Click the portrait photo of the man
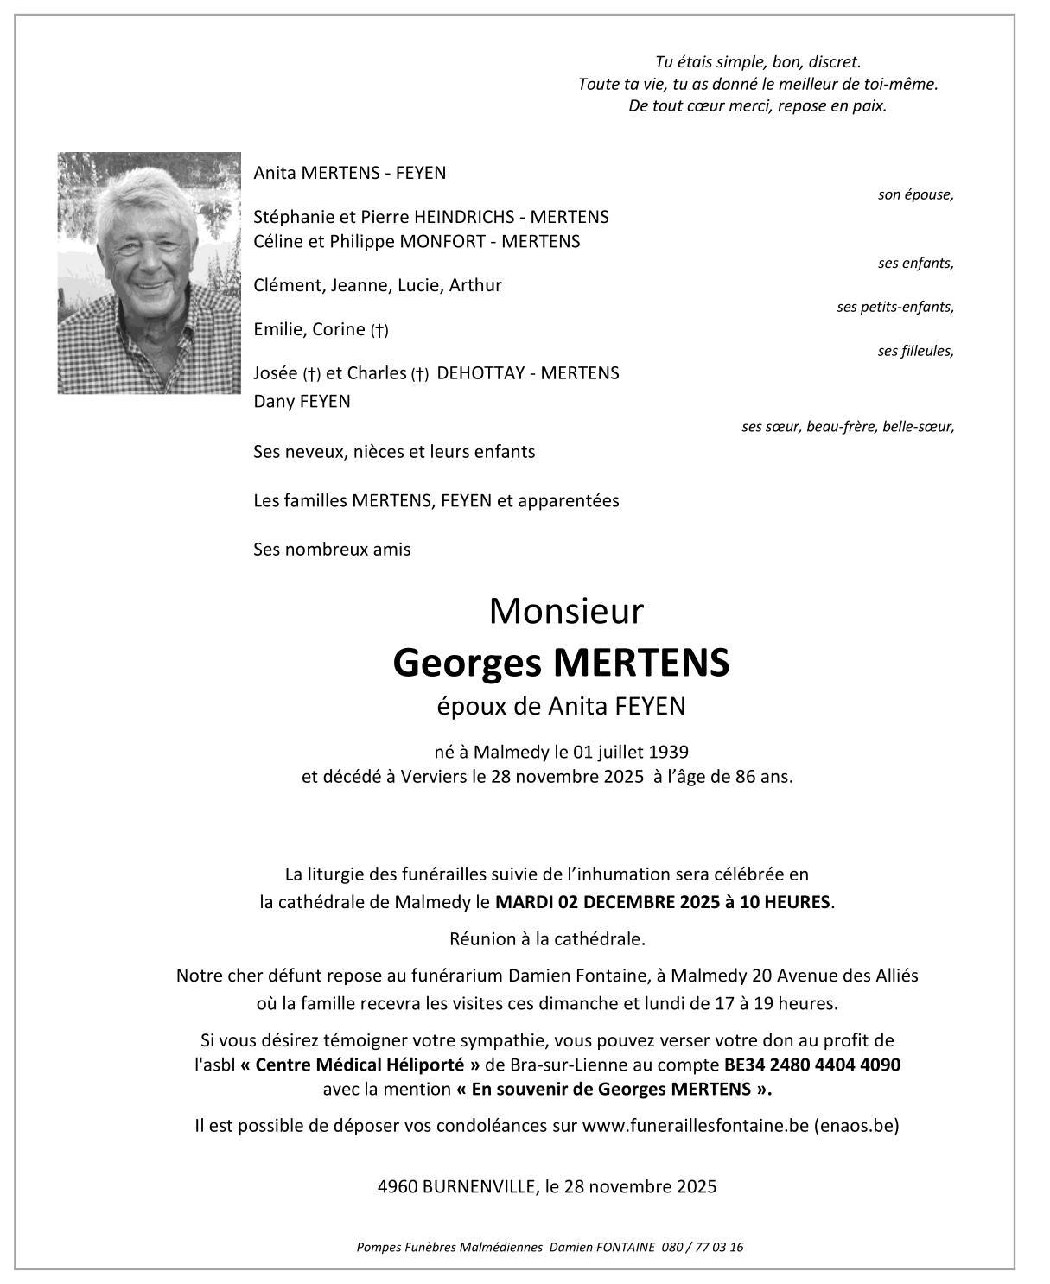click(x=149, y=273)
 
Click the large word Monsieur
click(x=566, y=612)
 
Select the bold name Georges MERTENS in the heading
click(x=561, y=663)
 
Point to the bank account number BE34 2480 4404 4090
click(x=812, y=1065)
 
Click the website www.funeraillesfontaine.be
click(x=695, y=1126)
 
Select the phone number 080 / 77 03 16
click(x=703, y=1247)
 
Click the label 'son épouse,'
click(x=915, y=194)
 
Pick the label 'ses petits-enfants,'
click(x=894, y=307)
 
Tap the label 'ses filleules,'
click(x=915, y=351)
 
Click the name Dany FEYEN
click(x=302, y=401)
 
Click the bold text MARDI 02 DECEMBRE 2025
click(x=602, y=902)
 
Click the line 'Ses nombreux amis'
click(x=332, y=549)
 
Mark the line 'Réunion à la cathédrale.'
click(x=547, y=938)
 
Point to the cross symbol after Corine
click(x=379, y=330)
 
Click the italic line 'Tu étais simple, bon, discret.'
click(x=758, y=62)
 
